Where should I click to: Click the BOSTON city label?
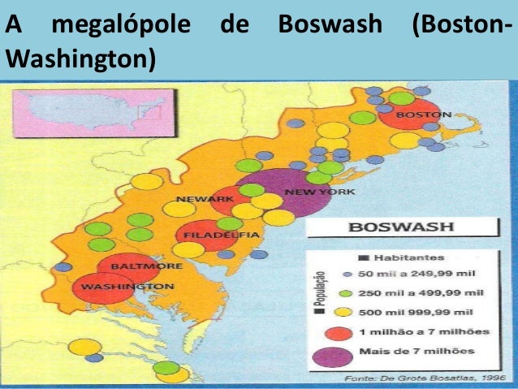coord(422,115)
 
